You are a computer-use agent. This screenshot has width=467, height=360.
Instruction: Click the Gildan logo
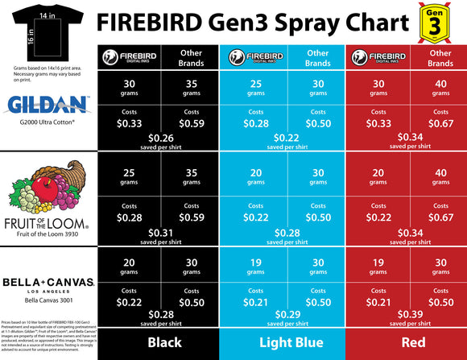click(48, 104)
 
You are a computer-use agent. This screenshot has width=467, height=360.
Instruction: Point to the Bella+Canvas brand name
click(48, 284)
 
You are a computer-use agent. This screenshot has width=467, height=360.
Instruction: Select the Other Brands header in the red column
click(440, 57)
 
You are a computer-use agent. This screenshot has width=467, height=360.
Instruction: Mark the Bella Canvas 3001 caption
click(48, 300)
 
